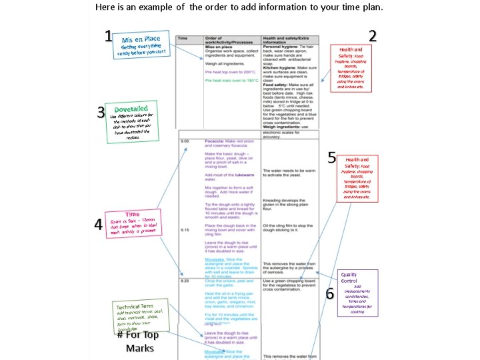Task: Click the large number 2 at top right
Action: (x=373, y=36)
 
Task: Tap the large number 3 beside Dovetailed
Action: (x=101, y=112)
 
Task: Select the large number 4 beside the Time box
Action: (x=98, y=225)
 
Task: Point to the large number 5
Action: (x=331, y=157)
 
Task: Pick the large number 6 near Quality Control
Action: (x=329, y=293)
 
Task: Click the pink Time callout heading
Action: (x=133, y=214)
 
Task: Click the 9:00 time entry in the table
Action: (x=185, y=141)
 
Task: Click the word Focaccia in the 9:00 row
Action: (x=217, y=141)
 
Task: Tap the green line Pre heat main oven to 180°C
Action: (x=231, y=80)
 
